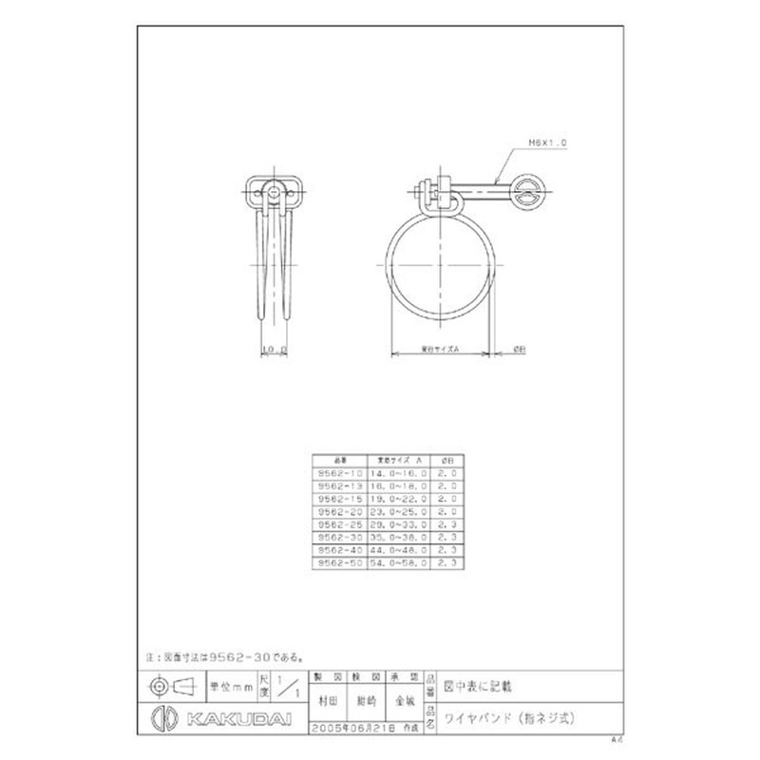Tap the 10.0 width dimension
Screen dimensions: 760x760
[275, 350]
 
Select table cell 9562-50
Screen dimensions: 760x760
[339, 562]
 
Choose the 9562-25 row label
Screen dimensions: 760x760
[339, 522]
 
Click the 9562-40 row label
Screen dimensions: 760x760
[339, 549]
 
